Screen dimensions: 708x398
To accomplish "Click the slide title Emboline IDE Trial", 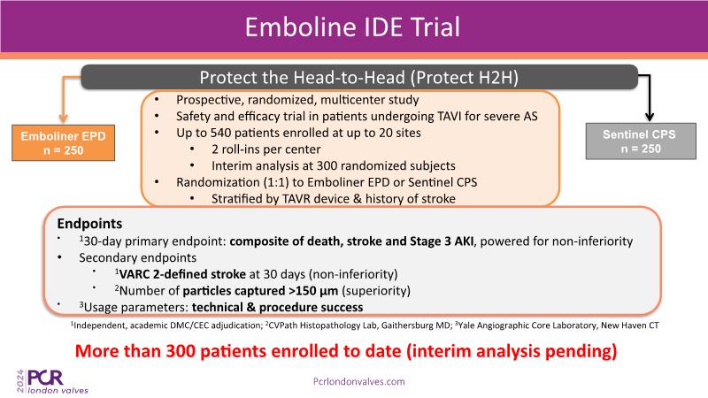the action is click(x=352, y=27).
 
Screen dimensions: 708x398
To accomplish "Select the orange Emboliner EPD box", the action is click(x=63, y=142).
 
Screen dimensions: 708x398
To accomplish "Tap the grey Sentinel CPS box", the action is click(x=641, y=142).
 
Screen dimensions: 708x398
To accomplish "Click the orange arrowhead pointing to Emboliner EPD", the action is click(x=63, y=119).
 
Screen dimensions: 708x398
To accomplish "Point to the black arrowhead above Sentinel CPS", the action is click(x=650, y=117).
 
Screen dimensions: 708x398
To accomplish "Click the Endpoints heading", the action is click(x=89, y=224).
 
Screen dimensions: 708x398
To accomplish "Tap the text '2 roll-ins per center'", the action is click(x=266, y=149).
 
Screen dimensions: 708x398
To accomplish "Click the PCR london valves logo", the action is click(x=52, y=381).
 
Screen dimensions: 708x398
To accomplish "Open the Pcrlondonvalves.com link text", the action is click(x=359, y=382).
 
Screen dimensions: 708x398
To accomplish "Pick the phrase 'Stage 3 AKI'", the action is click(x=442, y=241).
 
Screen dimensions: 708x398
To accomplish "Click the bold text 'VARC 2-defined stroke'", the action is click(x=182, y=274).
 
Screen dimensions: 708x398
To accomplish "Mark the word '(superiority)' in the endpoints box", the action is click(x=376, y=291).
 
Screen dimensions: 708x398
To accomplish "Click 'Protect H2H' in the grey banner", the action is click(x=464, y=78).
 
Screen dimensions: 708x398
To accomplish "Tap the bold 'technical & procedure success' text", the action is click(x=277, y=307).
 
